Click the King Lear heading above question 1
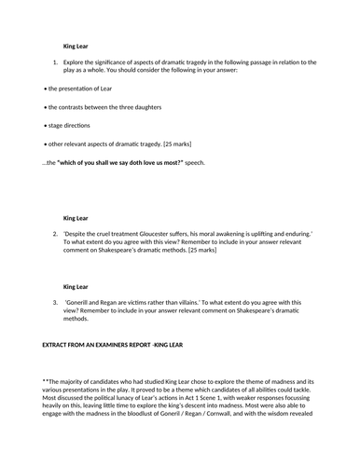tap(76, 44)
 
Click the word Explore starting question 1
tap(76, 62)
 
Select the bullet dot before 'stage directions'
tap(45, 125)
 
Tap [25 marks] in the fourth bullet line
tap(180, 144)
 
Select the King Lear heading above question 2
tap(76, 218)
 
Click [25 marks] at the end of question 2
tap(202, 250)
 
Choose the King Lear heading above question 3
tap(76, 288)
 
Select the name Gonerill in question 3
tap(81, 303)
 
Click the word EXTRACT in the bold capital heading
tap(58, 345)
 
